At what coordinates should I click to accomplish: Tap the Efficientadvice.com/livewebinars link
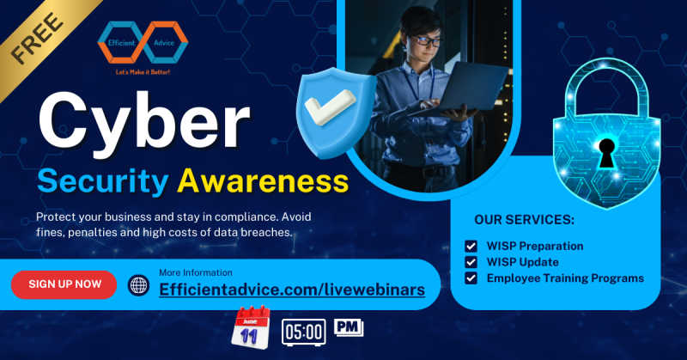point(292,290)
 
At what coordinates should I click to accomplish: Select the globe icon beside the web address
point(139,285)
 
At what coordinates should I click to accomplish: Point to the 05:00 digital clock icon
point(304,331)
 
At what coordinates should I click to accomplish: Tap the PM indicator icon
point(349,327)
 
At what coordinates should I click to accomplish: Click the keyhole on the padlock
point(607,153)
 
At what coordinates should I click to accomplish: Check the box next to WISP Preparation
point(471,247)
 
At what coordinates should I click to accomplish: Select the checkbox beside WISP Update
point(471,262)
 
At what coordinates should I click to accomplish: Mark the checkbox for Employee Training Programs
point(471,278)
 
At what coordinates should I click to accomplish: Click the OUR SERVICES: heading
point(524,220)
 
